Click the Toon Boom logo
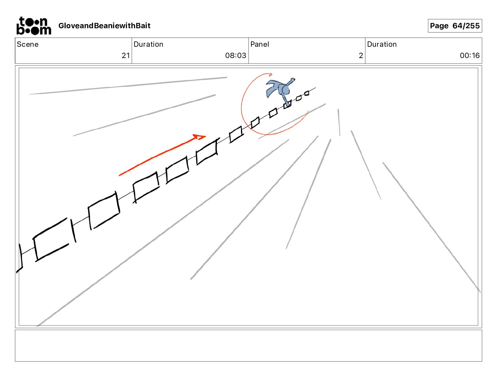tap(34, 26)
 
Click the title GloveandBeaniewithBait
tap(104, 26)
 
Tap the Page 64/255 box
tap(455, 26)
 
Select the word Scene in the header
tap(28, 44)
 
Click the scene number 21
tap(126, 55)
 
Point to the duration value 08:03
tap(236, 55)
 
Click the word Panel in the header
tap(259, 44)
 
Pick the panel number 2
tap(361, 55)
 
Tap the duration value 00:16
tap(470, 55)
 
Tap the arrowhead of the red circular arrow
tap(270, 74)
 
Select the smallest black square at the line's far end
tap(307, 93)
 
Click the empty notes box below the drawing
tap(248, 345)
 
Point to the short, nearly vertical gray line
tap(339, 123)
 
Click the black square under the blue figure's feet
tap(287, 105)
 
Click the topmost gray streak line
tap(128, 86)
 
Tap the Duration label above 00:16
tap(382, 44)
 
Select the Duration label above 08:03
tap(148, 44)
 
